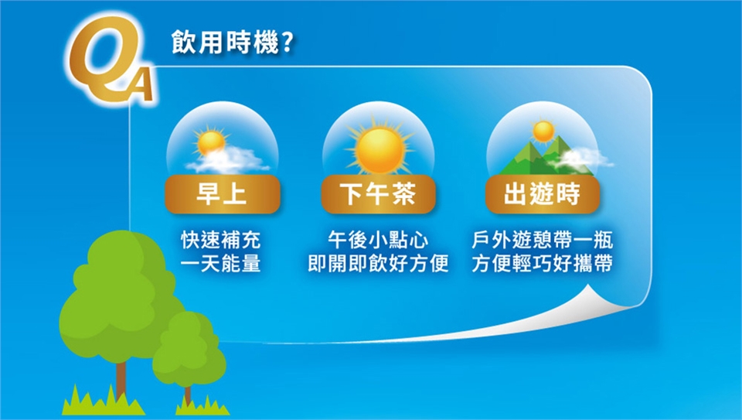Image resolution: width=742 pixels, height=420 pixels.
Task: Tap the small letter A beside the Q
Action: click(x=140, y=84)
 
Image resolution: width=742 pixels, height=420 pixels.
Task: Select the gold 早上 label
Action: click(x=223, y=194)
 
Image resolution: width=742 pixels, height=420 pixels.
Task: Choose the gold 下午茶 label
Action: click(x=378, y=194)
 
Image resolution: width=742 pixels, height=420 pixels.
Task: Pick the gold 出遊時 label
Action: click(x=543, y=194)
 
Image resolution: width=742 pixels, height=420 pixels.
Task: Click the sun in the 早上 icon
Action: click(x=210, y=142)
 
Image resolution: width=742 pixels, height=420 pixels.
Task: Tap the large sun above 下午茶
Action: click(x=380, y=149)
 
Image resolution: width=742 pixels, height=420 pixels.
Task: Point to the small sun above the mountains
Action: click(x=543, y=131)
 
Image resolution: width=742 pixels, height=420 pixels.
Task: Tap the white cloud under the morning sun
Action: click(x=229, y=161)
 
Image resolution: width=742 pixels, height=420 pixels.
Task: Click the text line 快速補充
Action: click(x=221, y=240)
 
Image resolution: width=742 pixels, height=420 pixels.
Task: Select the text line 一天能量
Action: click(x=221, y=263)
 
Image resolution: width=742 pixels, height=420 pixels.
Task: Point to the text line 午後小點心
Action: click(x=378, y=240)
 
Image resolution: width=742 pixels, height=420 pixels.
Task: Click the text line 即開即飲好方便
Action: click(x=378, y=263)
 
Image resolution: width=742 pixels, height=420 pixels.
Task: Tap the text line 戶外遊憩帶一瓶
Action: click(x=543, y=240)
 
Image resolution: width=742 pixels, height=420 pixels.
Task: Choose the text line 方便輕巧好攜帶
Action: click(x=543, y=263)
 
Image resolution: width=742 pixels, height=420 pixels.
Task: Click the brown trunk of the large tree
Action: click(x=121, y=381)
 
